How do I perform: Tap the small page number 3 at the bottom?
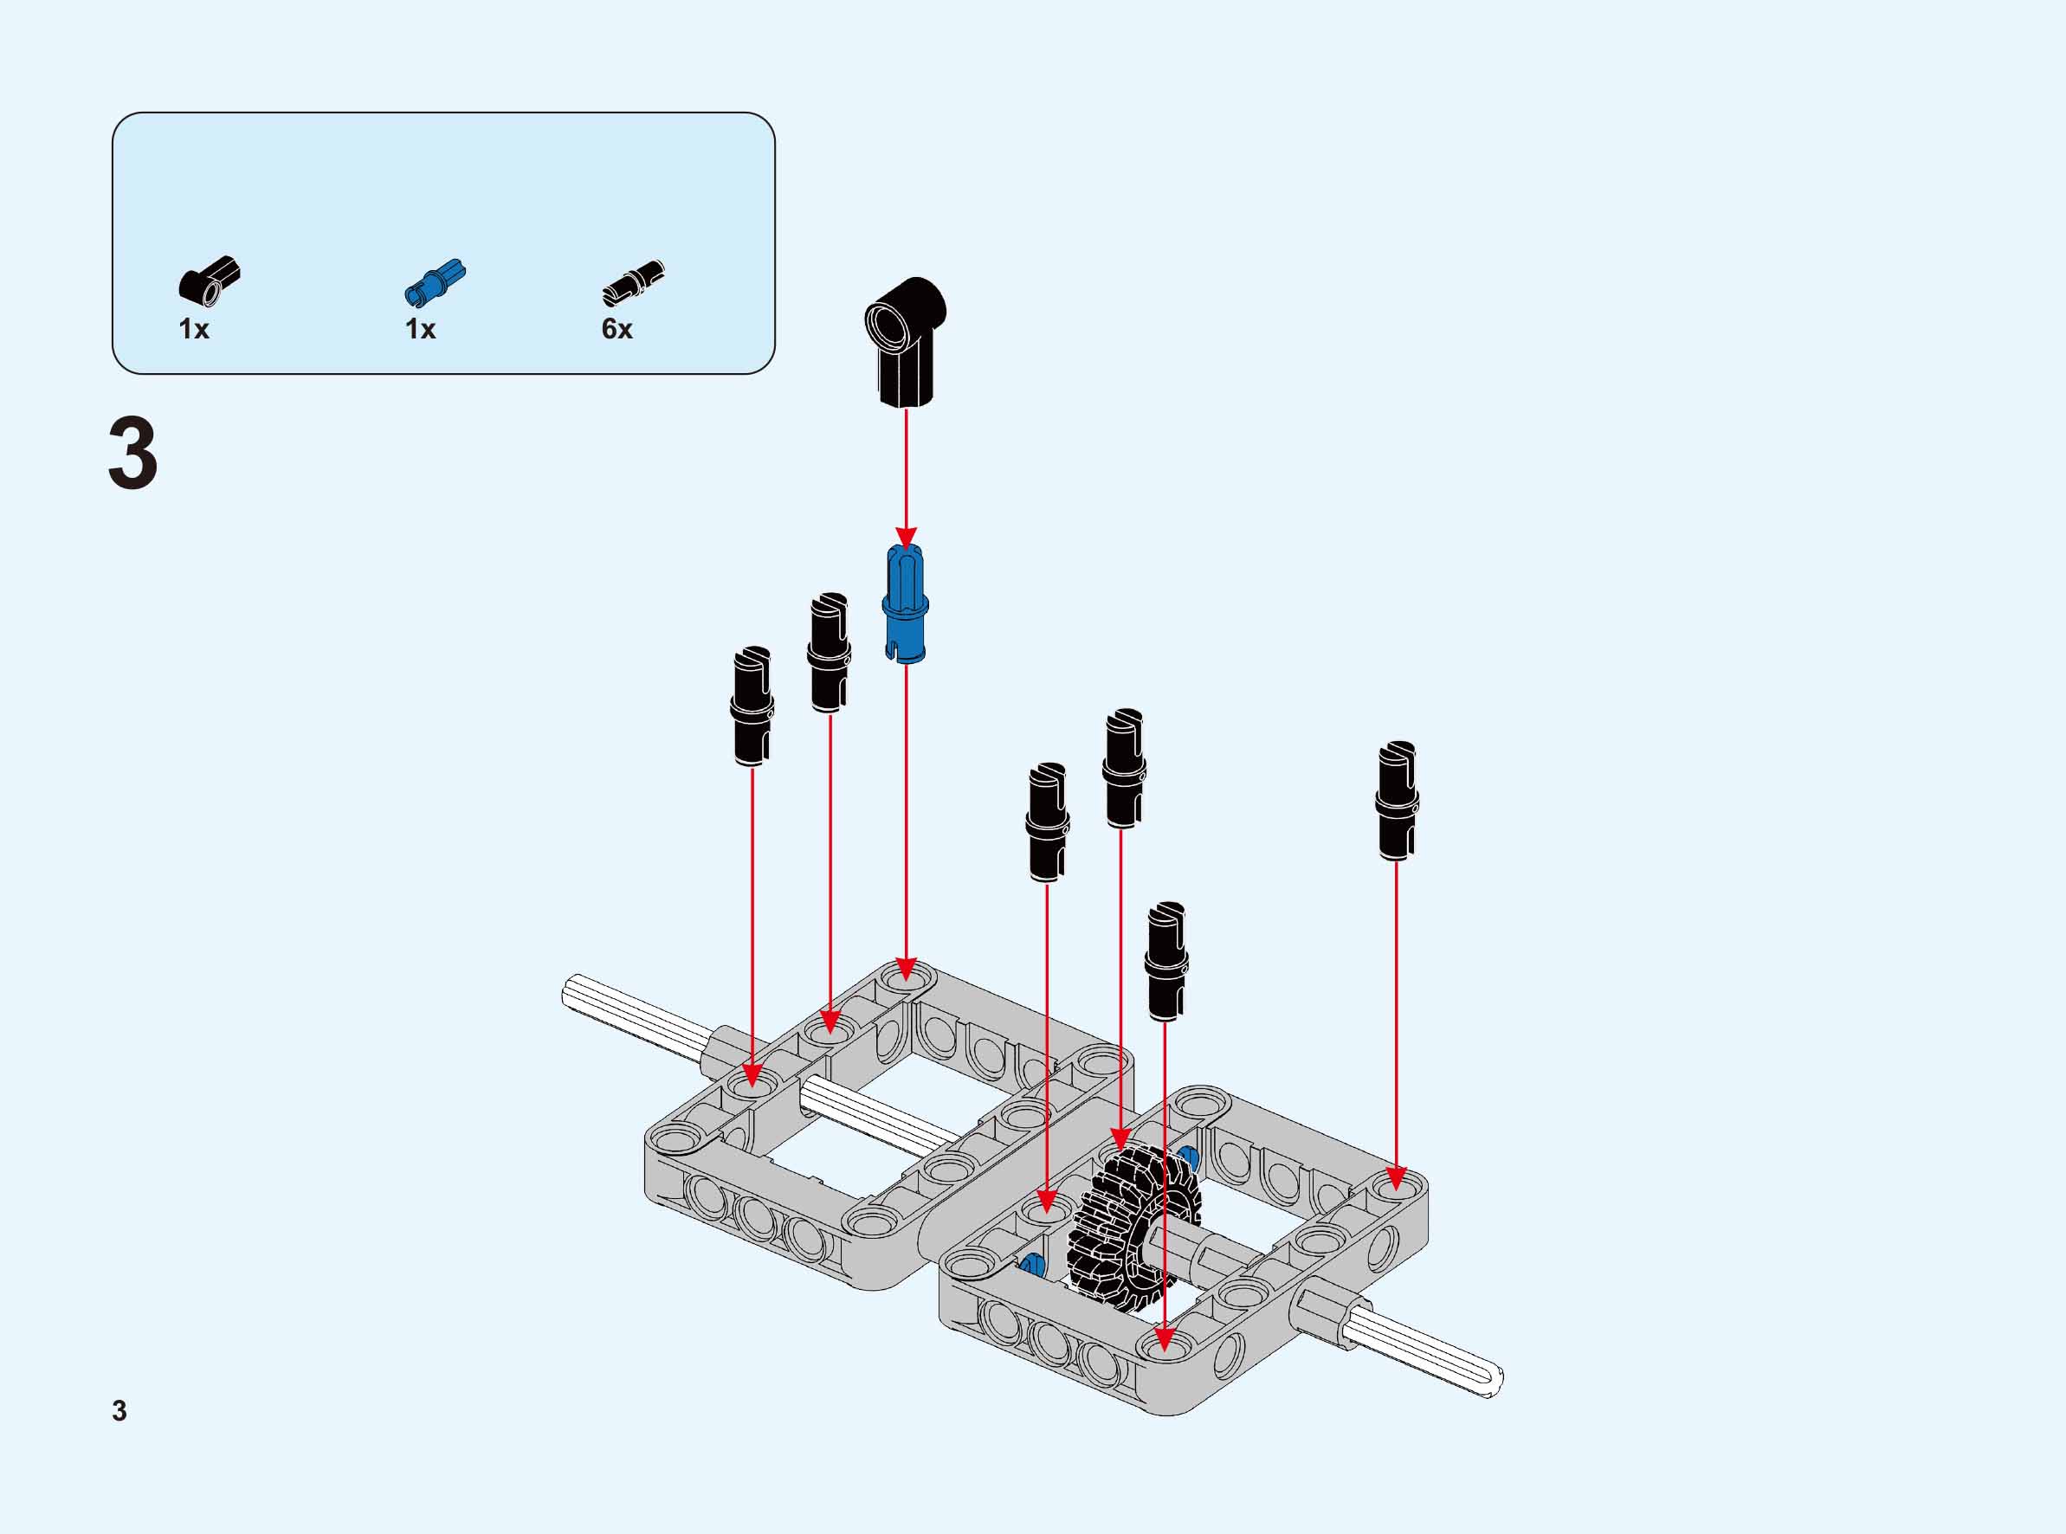click(x=119, y=1410)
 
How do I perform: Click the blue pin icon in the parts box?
click(x=436, y=281)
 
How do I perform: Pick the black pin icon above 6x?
click(x=633, y=282)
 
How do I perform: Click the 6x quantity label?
click(x=617, y=329)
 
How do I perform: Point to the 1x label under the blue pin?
click(x=420, y=329)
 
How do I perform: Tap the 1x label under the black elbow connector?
click(x=194, y=329)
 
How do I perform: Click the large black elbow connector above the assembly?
click(x=906, y=341)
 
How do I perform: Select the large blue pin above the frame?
click(x=906, y=604)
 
